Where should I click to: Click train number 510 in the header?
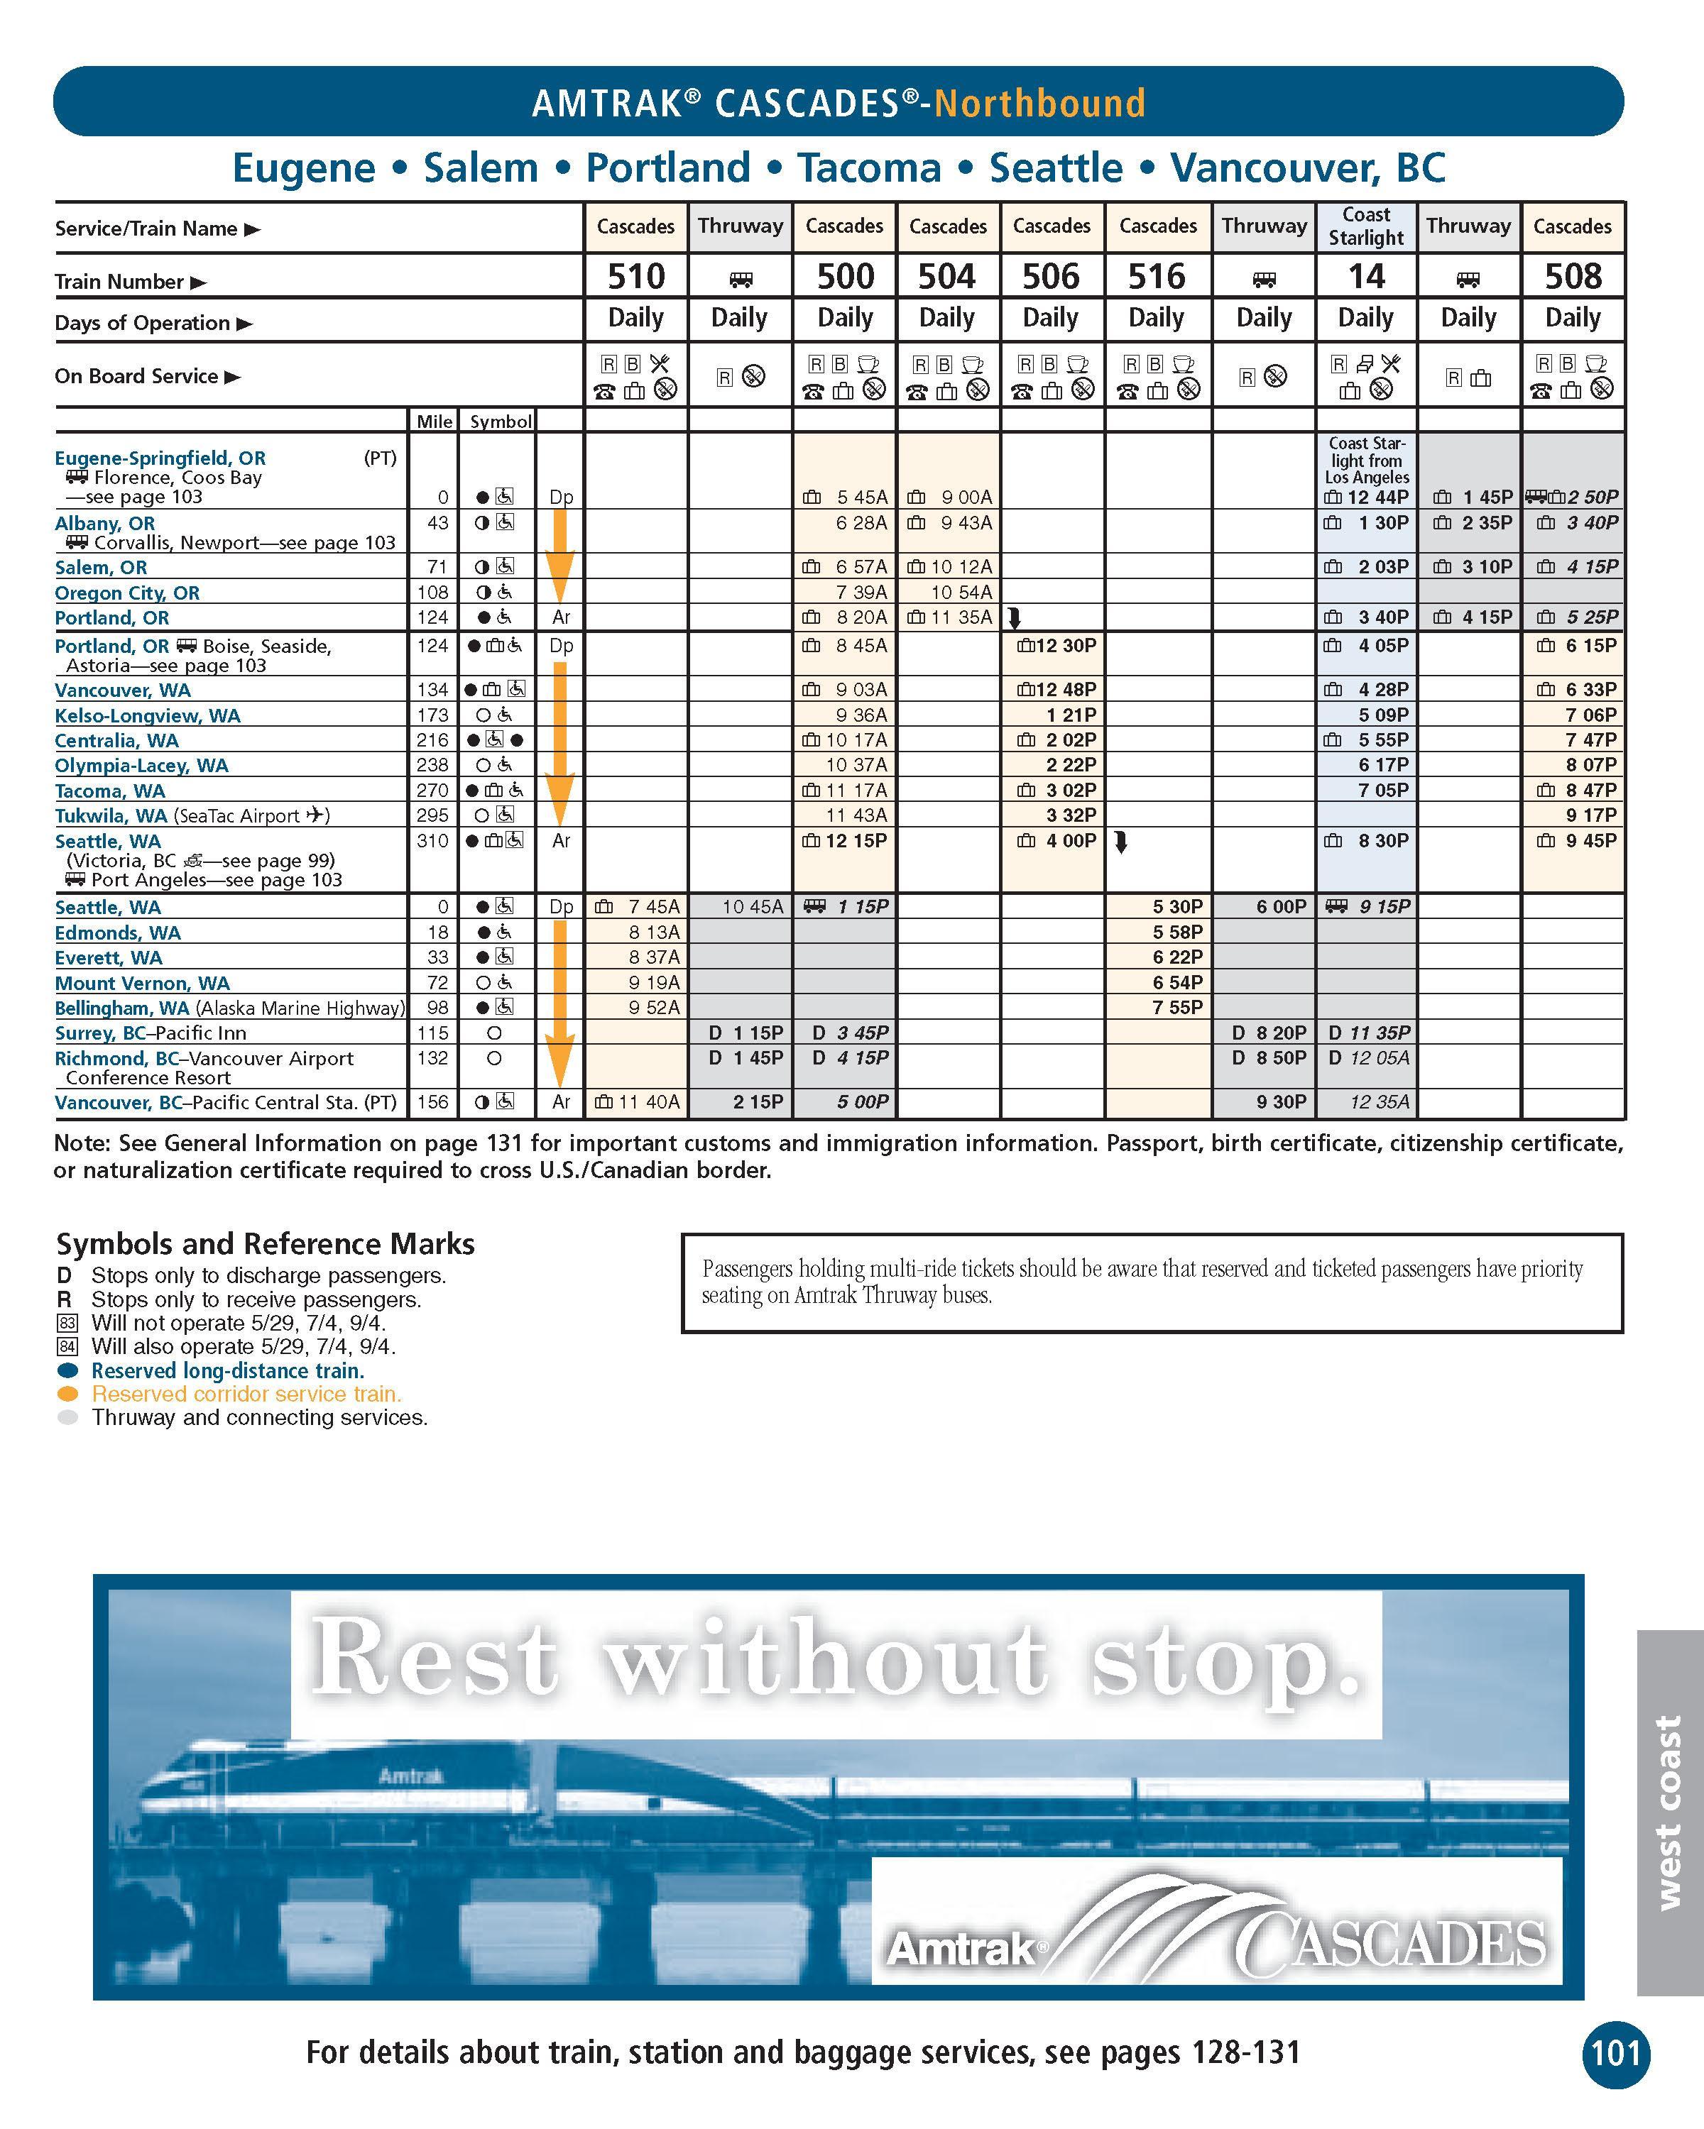(x=636, y=277)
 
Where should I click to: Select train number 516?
(x=1157, y=277)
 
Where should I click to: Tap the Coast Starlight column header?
(x=1365, y=226)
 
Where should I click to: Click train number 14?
(x=1365, y=277)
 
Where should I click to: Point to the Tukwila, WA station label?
(x=111, y=815)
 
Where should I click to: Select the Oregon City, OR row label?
(x=126, y=593)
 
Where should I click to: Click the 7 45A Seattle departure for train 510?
(x=654, y=906)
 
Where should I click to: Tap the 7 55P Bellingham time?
(x=1176, y=1007)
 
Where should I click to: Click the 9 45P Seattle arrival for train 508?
(x=1590, y=840)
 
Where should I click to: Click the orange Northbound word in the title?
(x=1039, y=103)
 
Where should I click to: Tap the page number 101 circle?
(x=1615, y=2054)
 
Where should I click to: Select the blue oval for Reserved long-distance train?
(x=68, y=1370)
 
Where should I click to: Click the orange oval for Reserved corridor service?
(x=68, y=1394)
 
